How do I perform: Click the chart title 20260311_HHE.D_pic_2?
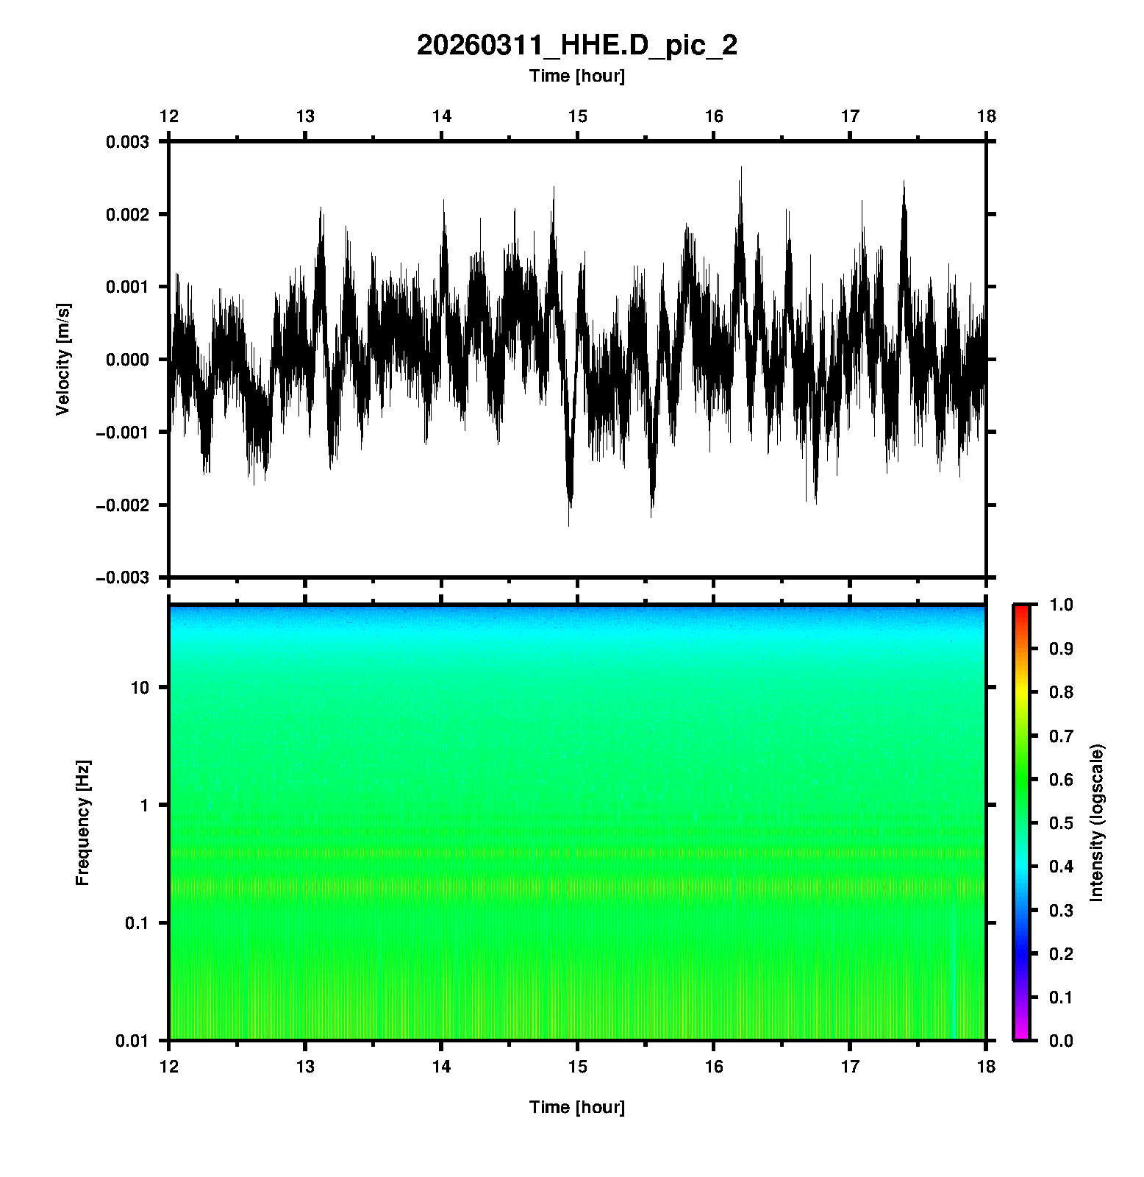pyautogui.click(x=576, y=46)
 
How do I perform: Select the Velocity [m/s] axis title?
pyautogui.click(x=63, y=359)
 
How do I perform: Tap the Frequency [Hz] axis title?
pyautogui.click(x=82, y=823)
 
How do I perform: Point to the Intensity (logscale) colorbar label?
pyautogui.click(x=1097, y=822)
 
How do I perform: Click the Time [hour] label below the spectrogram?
pyautogui.click(x=576, y=1107)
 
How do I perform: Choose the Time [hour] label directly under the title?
pyautogui.click(x=576, y=76)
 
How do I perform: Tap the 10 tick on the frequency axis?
pyautogui.click(x=140, y=688)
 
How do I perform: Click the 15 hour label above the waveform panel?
pyautogui.click(x=577, y=116)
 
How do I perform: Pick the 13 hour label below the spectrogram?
pyautogui.click(x=305, y=1066)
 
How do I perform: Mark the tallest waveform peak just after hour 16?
pyautogui.click(x=741, y=168)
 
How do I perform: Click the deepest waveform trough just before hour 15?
pyautogui.click(x=568, y=525)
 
